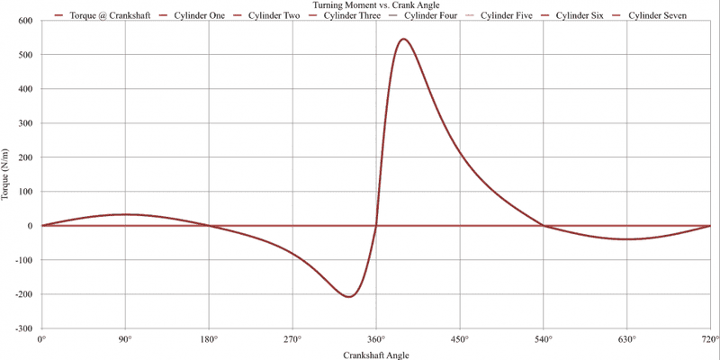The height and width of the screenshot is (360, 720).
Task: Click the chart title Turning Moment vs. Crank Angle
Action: point(360,5)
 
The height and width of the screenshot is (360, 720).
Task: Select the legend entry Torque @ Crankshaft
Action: point(101,16)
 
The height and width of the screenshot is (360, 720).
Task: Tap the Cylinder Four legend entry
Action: point(430,16)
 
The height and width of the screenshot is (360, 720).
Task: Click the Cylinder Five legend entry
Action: point(507,16)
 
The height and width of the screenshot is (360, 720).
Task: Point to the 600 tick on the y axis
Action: point(26,21)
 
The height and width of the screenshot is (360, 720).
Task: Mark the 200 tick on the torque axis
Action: point(26,157)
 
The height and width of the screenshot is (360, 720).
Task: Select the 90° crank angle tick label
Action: point(125,339)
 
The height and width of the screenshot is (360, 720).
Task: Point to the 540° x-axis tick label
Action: point(543,339)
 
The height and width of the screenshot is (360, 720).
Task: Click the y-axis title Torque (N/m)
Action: point(7,175)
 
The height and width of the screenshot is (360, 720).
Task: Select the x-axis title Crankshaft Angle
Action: point(375,355)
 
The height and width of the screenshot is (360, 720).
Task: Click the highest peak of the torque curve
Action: point(402,40)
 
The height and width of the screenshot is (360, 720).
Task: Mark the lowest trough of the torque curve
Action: point(349,296)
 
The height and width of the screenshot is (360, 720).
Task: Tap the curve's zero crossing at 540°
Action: point(543,226)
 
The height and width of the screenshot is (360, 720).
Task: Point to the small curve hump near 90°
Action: point(126,214)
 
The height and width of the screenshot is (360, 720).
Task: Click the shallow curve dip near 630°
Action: point(627,238)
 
